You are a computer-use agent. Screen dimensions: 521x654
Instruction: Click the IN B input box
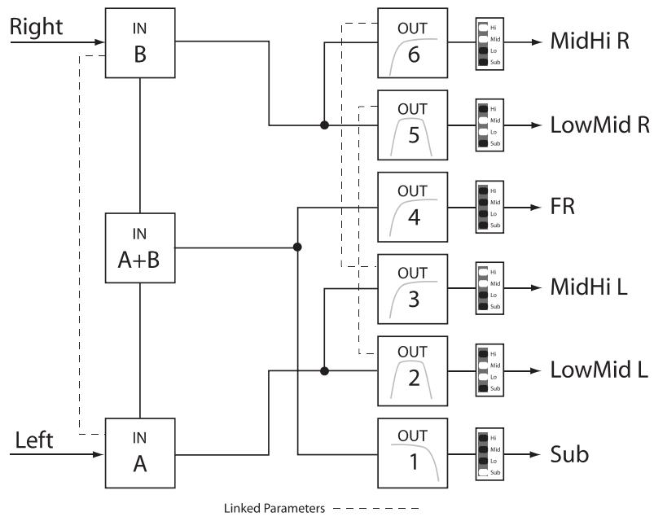(140, 43)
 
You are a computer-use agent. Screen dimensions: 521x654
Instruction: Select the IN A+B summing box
(140, 247)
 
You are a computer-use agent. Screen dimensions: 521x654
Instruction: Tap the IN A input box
(140, 453)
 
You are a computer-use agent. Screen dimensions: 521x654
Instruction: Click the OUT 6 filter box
(413, 43)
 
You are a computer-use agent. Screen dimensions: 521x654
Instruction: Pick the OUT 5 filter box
(413, 125)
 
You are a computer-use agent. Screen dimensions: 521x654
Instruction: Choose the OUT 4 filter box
(413, 207)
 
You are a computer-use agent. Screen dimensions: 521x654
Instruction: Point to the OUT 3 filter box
(413, 289)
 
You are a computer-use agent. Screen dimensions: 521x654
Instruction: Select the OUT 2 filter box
(413, 371)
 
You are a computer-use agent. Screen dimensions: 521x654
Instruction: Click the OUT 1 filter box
(413, 453)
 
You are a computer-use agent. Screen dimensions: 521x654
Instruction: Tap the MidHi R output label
(590, 43)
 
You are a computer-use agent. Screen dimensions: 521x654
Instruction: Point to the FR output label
(563, 207)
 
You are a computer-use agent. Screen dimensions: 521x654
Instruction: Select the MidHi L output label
(590, 289)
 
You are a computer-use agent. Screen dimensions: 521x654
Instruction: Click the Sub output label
(569, 453)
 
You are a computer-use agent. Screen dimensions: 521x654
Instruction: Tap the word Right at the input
(36, 27)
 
